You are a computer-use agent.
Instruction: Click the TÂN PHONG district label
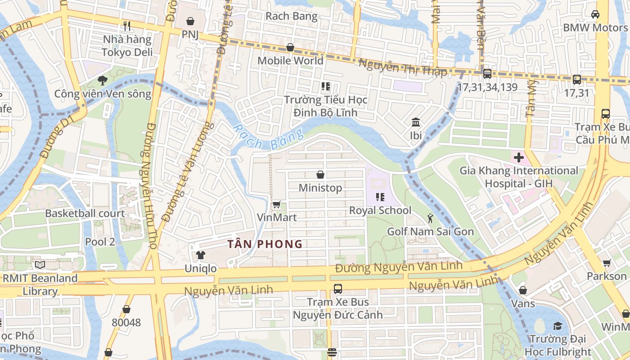coord(265,244)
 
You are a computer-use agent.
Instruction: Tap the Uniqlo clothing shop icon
coord(201,255)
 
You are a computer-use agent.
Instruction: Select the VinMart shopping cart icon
coord(277,205)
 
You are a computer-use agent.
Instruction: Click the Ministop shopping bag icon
coord(320,175)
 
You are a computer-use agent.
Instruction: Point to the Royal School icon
coord(380,197)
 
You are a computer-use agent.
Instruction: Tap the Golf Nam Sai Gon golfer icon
coord(430,219)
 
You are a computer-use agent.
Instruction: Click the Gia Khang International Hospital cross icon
coord(518,157)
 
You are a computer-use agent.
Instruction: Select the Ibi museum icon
coord(416,122)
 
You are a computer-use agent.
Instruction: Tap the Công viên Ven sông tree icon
coord(103,81)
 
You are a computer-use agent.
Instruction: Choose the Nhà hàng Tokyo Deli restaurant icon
coord(127,26)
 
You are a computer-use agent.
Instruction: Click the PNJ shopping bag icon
coord(190,21)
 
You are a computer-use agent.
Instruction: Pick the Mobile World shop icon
coord(290,47)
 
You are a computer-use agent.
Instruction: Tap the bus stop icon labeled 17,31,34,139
coord(487,74)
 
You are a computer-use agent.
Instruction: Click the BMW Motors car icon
coord(595,14)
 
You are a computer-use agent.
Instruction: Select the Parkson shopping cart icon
coord(607,263)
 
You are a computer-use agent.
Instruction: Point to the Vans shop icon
coord(523,290)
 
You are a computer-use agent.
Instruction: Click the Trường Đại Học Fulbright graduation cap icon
coord(558,326)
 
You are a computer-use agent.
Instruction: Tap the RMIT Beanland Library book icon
coord(40,265)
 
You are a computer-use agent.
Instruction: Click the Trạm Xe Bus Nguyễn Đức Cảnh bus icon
coord(337,289)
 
